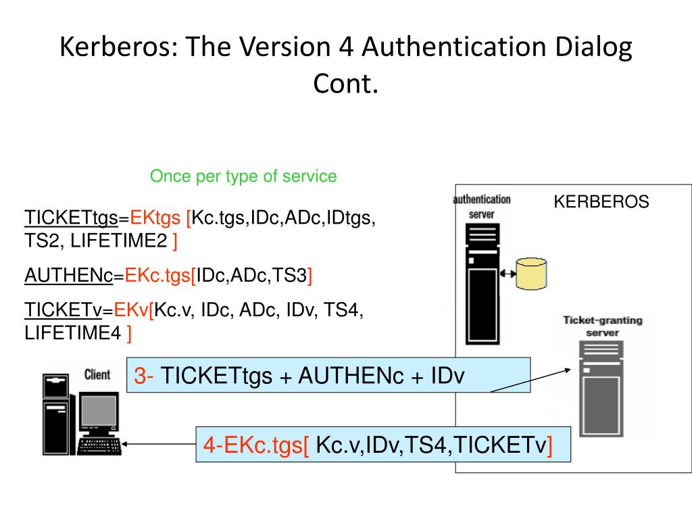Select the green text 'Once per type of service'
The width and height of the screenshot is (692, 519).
pos(243,176)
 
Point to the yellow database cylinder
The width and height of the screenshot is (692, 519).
pos(530,272)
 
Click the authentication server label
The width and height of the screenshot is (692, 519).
pos(482,206)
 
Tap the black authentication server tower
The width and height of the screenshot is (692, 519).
pos(482,284)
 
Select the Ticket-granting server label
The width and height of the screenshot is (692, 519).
pos(602,326)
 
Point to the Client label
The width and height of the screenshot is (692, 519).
pos(97,374)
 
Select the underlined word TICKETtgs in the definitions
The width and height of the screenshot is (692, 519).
pos(71,218)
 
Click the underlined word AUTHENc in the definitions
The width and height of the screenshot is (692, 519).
pos(68,276)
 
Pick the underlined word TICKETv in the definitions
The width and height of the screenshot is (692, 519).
pos(63,310)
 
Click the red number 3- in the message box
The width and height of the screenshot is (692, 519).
pos(145,376)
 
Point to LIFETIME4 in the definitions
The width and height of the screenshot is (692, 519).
pos(73,332)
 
